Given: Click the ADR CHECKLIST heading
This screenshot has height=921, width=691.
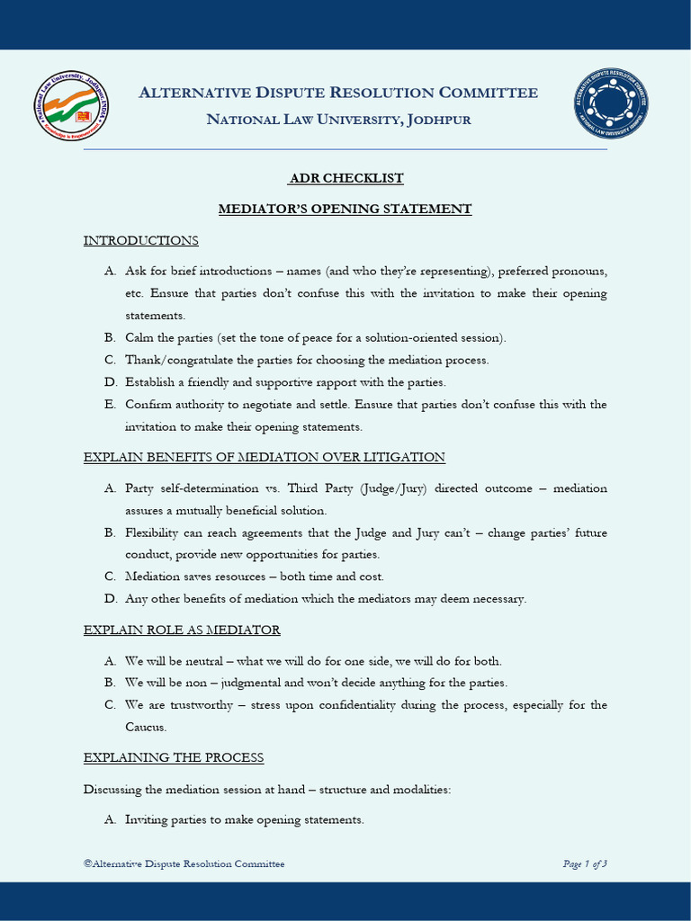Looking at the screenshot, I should pyautogui.click(x=345, y=178).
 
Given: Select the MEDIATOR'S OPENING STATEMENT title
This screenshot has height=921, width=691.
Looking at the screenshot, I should pyautogui.click(x=345, y=209).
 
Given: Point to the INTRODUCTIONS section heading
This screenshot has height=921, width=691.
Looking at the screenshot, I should pyautogui.click(x=141, y=240).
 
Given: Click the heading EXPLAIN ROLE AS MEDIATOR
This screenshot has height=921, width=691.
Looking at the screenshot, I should pyautogui.click(x=182, y=630).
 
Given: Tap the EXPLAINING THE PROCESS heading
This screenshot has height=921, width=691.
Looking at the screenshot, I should pyautogui.click(x=174, y=757).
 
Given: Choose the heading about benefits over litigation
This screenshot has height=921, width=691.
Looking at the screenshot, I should pyautogui.click(x=265, y=457).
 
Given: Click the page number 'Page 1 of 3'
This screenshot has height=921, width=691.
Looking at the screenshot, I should pyautogui.click(x=585, y=863).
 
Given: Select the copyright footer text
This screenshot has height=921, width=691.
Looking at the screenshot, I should pyautogui.click(x=184, y=863).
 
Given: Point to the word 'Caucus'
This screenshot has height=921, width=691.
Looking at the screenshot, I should pyautogui.click(x=146, y=727).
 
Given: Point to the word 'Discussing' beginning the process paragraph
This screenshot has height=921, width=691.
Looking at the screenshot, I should pyautogui.click(x=112, y=789).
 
